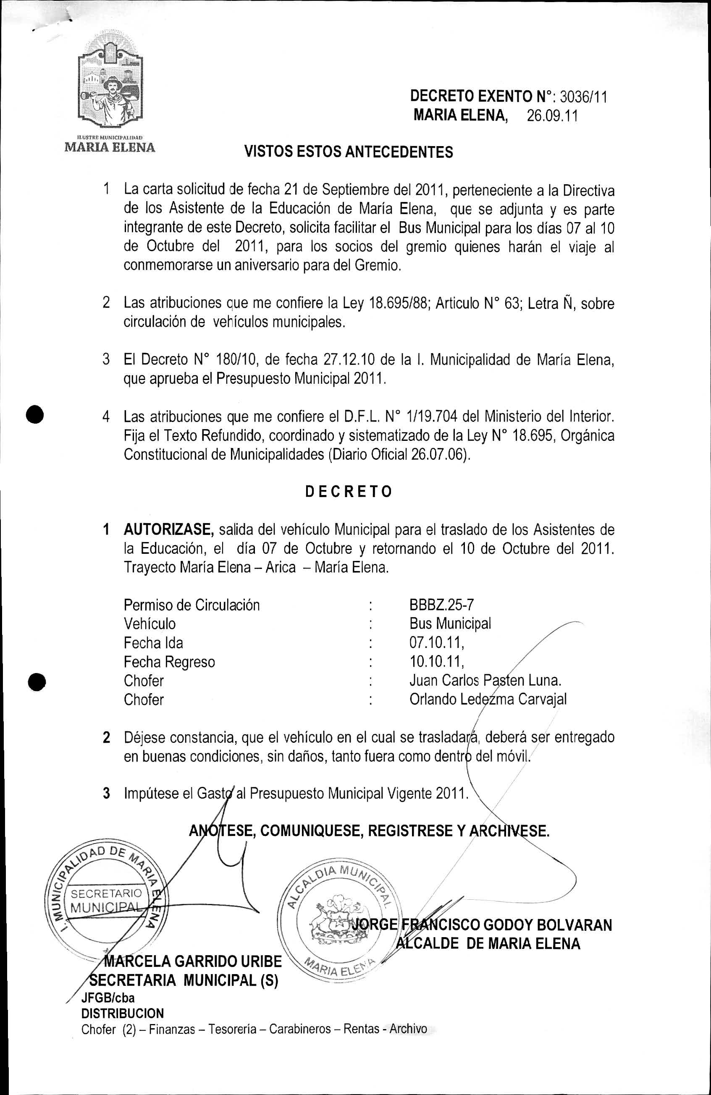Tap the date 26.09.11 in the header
552,116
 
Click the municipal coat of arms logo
110,86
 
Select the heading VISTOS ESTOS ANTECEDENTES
349,152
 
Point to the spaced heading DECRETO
349,492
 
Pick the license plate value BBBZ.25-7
441,605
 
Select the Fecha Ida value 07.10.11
436,642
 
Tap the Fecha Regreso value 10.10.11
436,662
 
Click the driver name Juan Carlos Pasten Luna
485,681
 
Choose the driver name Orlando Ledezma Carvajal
488,699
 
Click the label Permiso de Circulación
192,605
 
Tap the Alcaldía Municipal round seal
336,916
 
